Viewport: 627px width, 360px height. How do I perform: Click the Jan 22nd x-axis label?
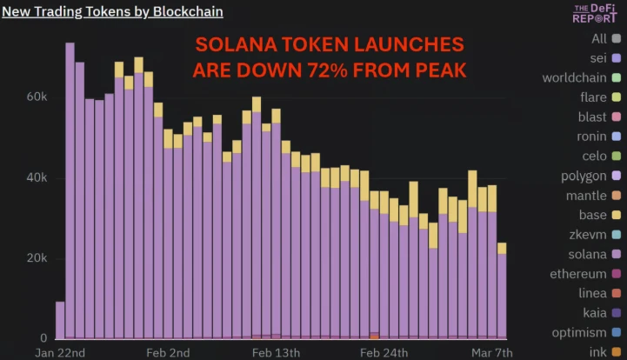60,352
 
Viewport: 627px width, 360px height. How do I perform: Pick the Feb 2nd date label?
167,352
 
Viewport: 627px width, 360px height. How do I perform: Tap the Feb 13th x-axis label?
277,352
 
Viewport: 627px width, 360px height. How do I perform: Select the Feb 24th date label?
384,352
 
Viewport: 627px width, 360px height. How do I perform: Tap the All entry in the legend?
599,38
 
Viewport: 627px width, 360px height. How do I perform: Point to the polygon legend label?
584,176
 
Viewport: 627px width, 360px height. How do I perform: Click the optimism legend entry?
579,332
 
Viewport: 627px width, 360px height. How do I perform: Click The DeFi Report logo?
596,12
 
